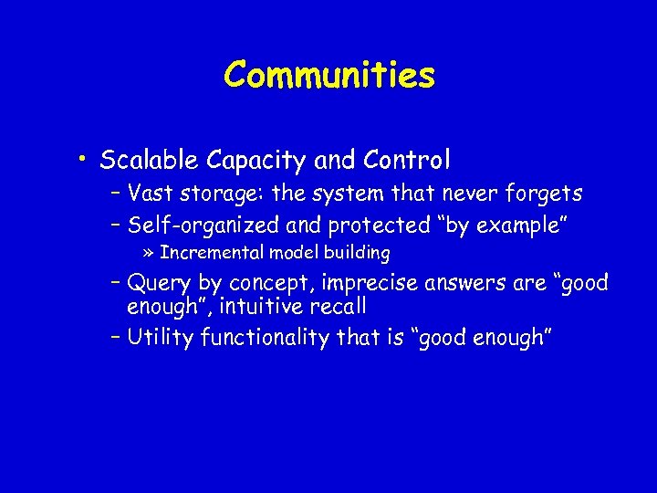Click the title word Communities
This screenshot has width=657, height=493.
[x=329, y=75]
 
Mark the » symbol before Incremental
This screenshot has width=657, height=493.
[x=149, y=253]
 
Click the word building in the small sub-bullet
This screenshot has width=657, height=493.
[x=357, y=253]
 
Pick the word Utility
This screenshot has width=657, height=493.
[x=161, y=338]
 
